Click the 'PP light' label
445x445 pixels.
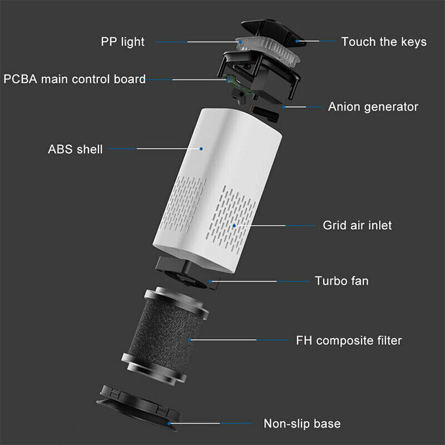122,42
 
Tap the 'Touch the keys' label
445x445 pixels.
384,42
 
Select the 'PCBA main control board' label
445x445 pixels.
75,79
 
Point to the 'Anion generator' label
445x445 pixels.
373,107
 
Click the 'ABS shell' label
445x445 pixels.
75,149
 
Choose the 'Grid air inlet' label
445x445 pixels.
357,225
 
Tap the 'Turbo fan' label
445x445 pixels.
342,281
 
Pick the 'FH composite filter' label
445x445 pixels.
349,340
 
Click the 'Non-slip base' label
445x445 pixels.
302,423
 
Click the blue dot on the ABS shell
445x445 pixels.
201,149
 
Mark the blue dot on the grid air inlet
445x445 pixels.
234,226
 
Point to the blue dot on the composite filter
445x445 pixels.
189,339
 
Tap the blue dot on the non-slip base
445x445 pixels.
169,423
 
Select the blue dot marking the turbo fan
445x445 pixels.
210,281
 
